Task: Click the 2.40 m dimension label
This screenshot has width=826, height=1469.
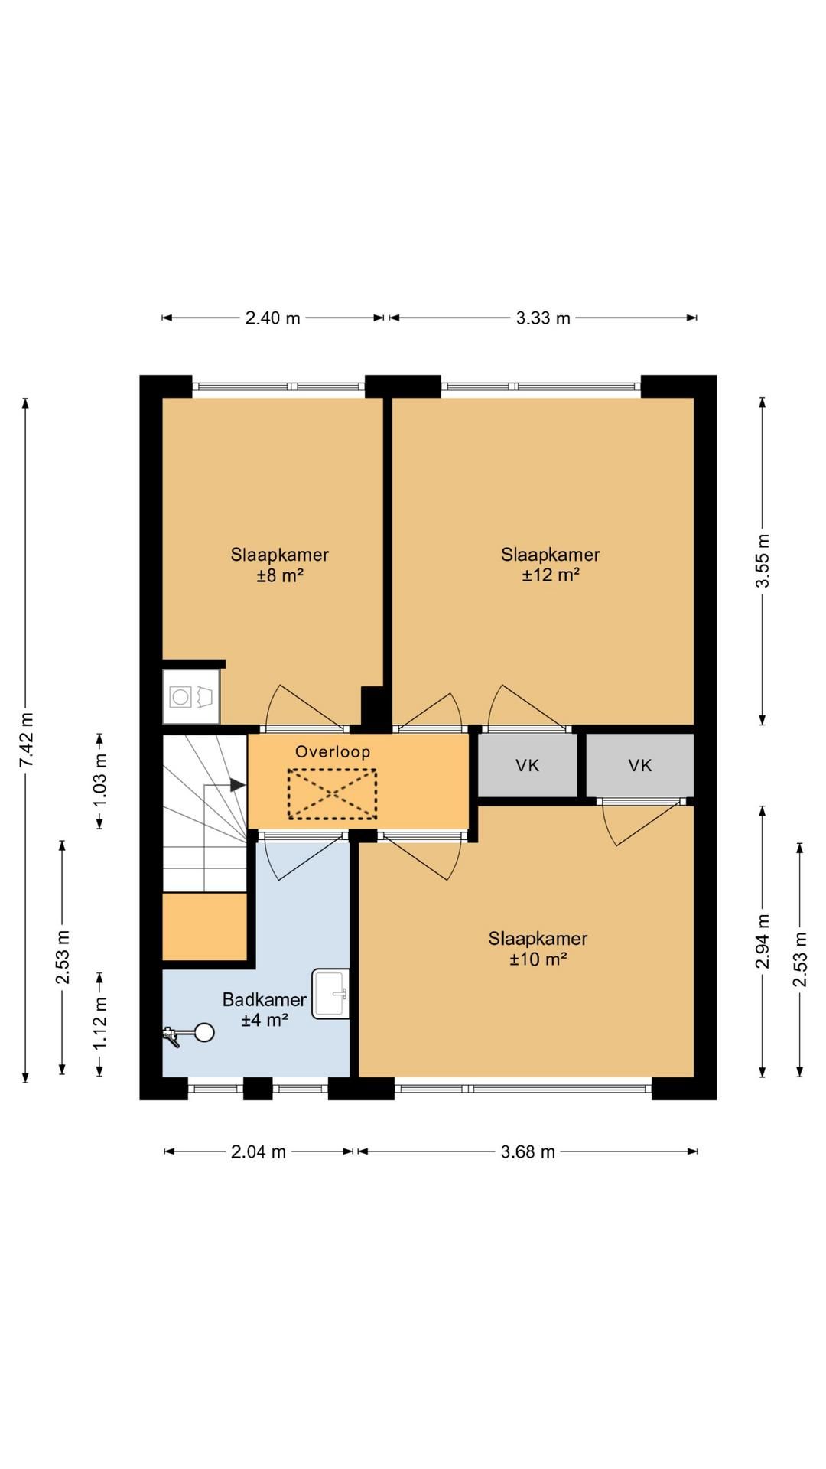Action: tap(272, 318)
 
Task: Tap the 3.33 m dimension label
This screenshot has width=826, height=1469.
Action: tap(543, 318)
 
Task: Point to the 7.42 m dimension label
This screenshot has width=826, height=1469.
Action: tap(26, 740)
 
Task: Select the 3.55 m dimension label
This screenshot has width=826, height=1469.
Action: tap(763, 561)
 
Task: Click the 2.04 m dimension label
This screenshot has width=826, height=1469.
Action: tap(259, 1151)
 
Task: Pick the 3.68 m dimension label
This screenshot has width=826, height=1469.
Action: tap(528, 1151)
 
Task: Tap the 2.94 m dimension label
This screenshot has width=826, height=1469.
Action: tap(763, 941)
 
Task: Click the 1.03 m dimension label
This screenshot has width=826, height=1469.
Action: tap(99, 780)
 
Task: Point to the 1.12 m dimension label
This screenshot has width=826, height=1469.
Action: tap(99, 1024)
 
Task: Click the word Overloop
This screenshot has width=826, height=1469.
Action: tap(333, 751)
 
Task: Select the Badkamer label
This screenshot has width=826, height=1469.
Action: tap(265, 999)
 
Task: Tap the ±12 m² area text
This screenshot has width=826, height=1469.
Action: tap(551, 575)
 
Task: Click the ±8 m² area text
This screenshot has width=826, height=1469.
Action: tap(280, 575)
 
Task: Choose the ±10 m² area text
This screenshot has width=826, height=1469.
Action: tap(538, 959)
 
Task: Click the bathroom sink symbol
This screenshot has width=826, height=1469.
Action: tap(330, 994)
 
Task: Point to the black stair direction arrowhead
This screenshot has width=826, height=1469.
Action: tap(237, 785)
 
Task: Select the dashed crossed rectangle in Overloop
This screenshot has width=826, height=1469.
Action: tap(333, 794)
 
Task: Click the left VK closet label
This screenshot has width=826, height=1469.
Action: tap(528, 765)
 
